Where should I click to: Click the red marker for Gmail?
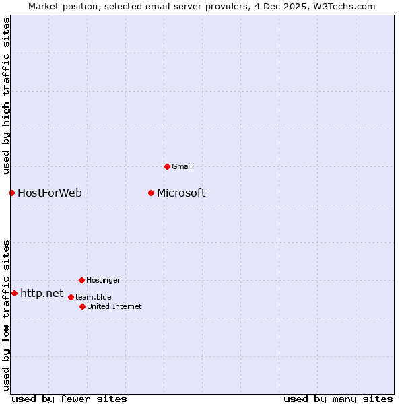(167, 166)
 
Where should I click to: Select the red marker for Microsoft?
(151, 193)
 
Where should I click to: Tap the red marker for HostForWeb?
(11, 193)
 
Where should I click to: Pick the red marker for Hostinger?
(81, 280)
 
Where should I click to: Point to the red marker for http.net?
(14, 294)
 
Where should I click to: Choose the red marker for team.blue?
(71, 297)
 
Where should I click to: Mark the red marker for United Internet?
(82, 306)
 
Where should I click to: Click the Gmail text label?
(182, 166)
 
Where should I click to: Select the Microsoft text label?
(181, 193)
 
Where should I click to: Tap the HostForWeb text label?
(50, 193)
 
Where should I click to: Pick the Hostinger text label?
(103, 280)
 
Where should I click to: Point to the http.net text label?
(42, 294)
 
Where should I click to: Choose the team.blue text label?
(94, 297)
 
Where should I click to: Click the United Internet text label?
(114, 306)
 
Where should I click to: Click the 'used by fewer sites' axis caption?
(69, 399)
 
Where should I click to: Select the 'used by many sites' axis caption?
(338, 399)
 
